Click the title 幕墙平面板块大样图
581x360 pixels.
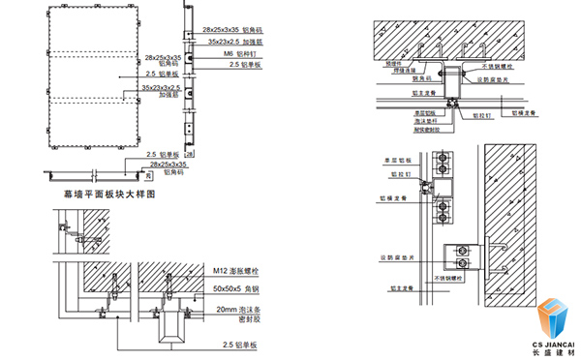click(108, 195)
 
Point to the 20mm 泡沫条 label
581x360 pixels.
click(237, 308)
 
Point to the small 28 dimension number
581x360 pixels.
click(189, 155)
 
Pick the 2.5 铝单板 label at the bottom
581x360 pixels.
click(240, 344)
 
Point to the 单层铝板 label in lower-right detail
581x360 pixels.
click(398, 159)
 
